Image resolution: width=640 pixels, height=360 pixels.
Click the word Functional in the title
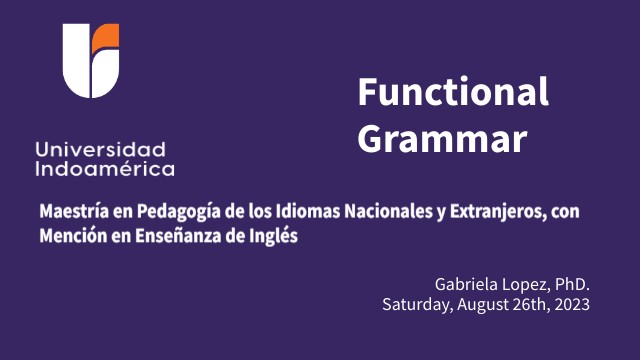pos(453,93)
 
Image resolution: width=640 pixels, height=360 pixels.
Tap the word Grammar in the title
pos(441,138)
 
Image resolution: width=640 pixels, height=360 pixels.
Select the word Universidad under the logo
pos(100,148)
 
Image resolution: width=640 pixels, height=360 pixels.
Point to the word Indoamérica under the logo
pos(104,168)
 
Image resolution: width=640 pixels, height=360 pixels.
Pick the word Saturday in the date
pos(415,304)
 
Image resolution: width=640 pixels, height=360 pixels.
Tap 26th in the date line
pos(528,304)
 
